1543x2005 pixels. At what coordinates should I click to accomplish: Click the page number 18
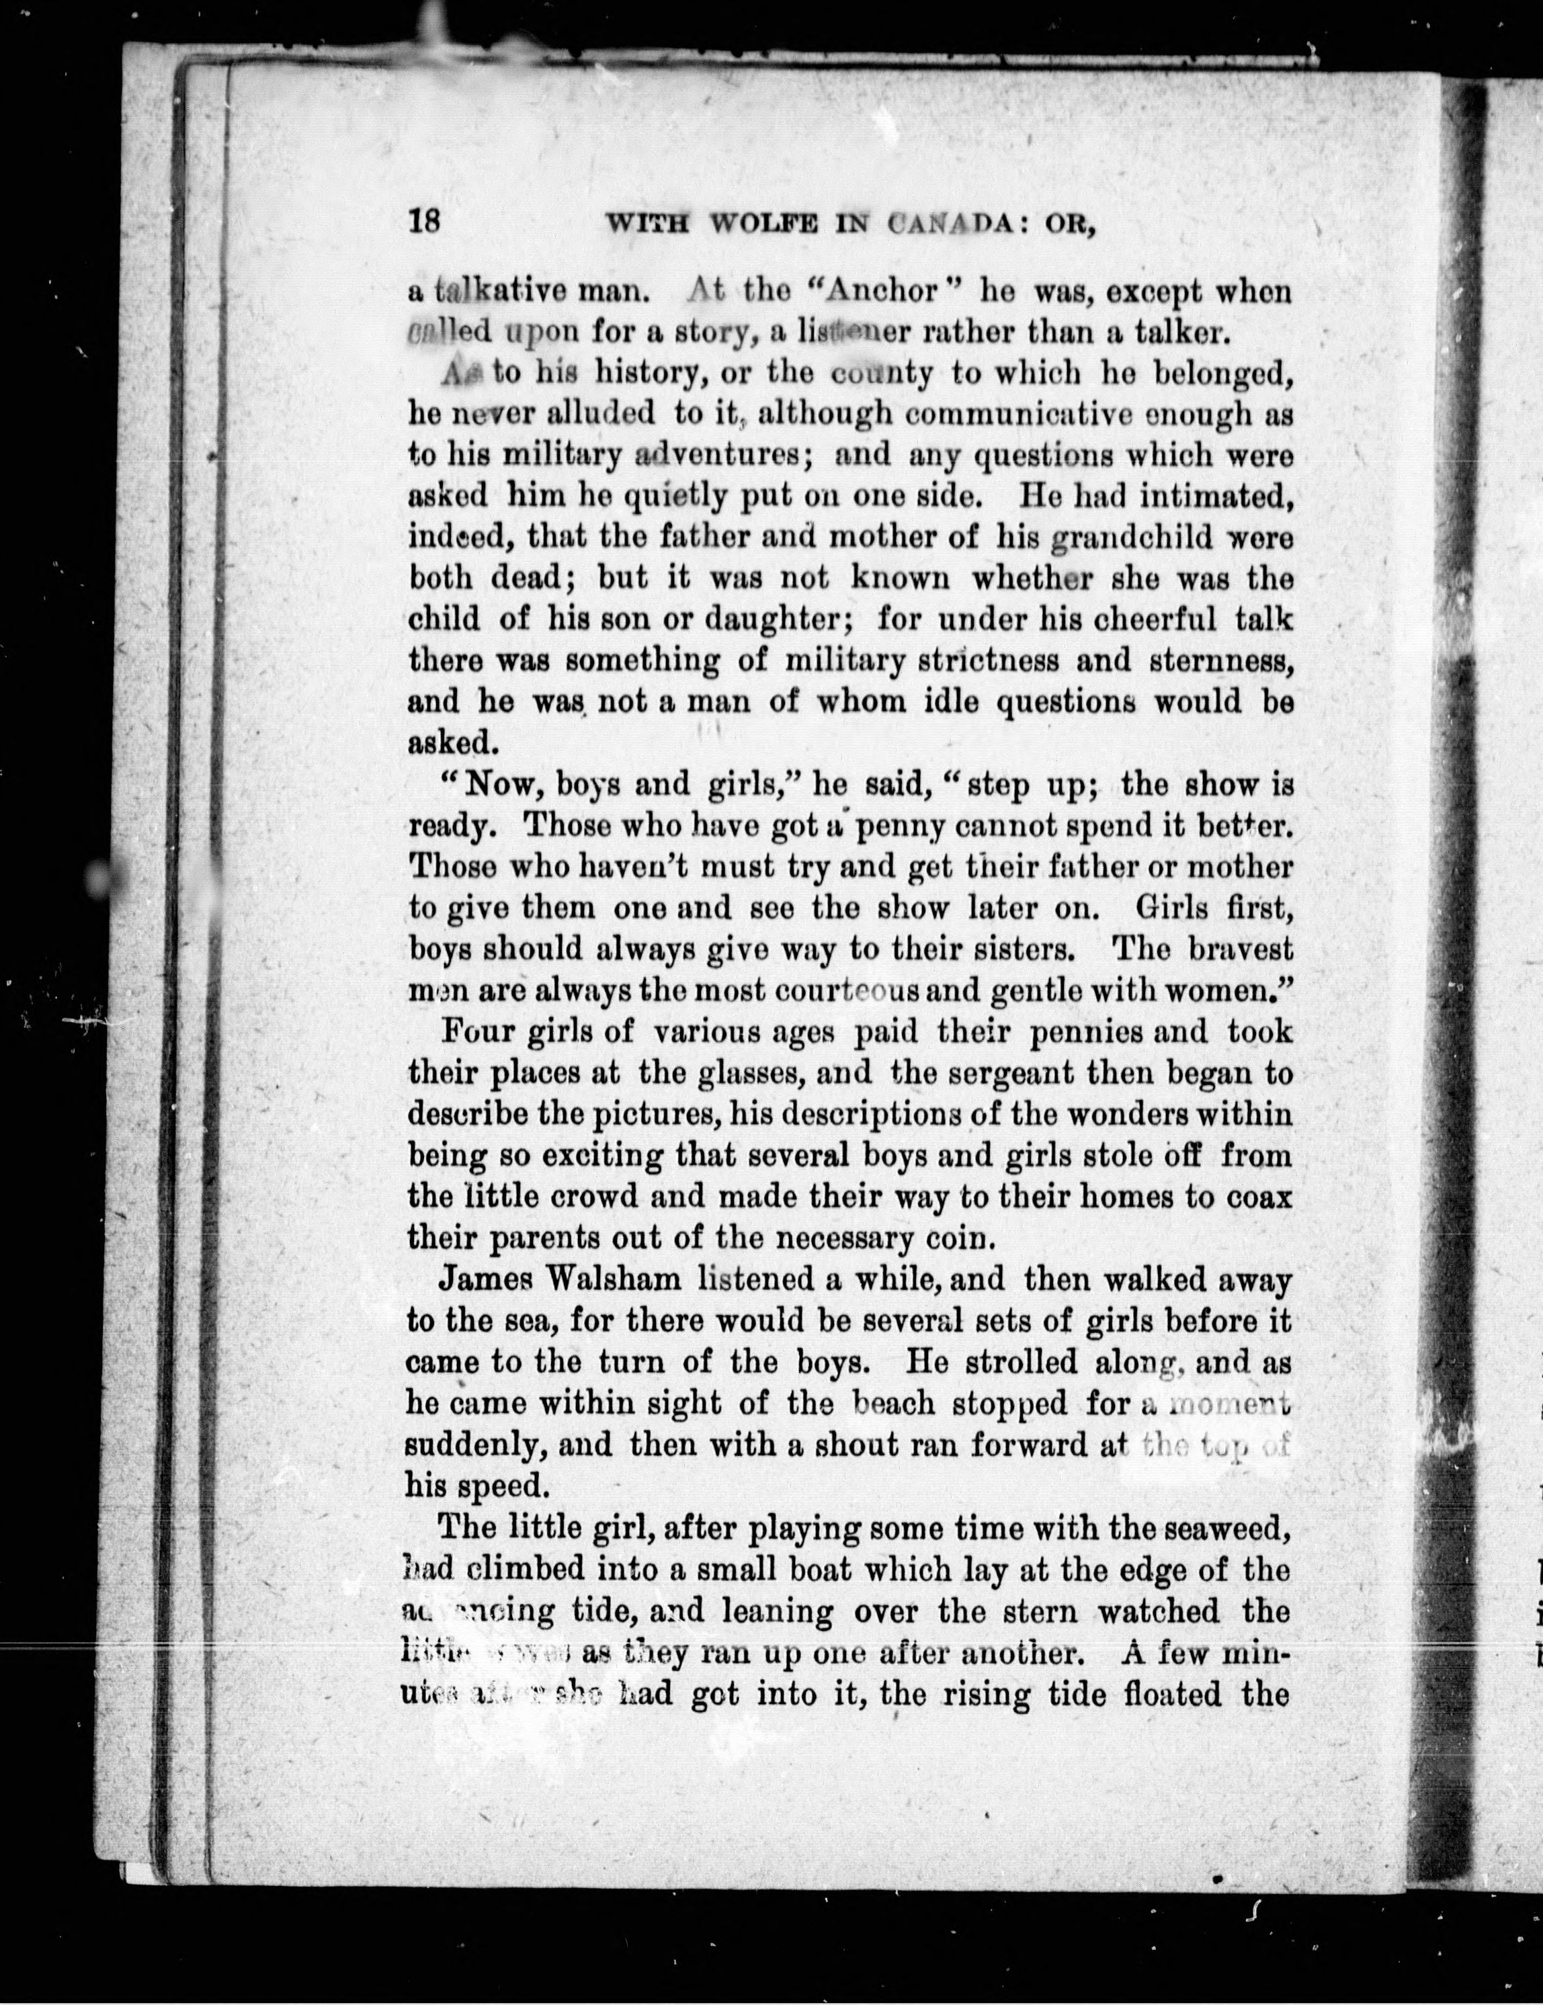click(x=425, y=223)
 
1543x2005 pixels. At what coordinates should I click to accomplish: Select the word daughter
click(x=780, y=619)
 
